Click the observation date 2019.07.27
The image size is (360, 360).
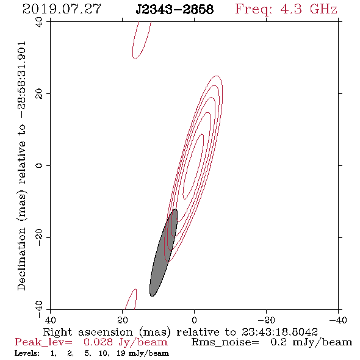pyautogui.click(x=62, y=9)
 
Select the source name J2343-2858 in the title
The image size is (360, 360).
pyautogui.click(x=175, y=10)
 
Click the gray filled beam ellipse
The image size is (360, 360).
pyautogui.click(x=164, y=253)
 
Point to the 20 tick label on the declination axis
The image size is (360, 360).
pyautogui.click(x=39, y=94)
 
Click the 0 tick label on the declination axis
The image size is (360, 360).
pyautogui.click(x=39, y=165)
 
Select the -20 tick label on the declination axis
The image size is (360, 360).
pyautogui.click(x=39, y=237)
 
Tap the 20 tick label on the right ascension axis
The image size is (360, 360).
pyautogui.click(x=123, y=320)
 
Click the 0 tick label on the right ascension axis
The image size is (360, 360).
pyautogui.click(x=194, y=320)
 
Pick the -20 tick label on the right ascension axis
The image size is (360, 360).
pyautogui.click(x=266, y=320)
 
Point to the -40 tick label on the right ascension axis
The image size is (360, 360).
pyautogui.click(x=338, y=320)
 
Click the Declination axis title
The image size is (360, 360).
pyautogui.click(x=21, y=165)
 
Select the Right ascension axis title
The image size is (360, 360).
pyautogui.click(x=181, y=332)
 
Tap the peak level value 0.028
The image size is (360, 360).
pyautogui.click(x=98, y=342)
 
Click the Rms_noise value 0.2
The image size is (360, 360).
pyautogui.click(x=279, y=342)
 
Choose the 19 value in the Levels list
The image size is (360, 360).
pyautogui.click(x=121, y=353)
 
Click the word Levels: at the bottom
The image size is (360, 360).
pyautogui.click(x=27, y=353)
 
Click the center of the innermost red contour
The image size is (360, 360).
pyautogui.click(x=193, y=166)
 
